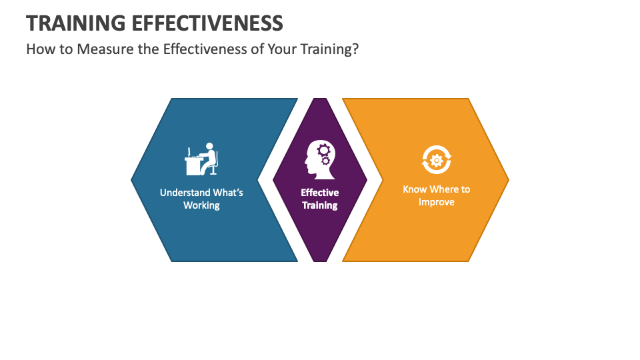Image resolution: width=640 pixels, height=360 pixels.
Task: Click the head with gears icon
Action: click(319, 160)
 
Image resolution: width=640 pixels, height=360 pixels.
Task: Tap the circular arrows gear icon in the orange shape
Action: click(437, 160)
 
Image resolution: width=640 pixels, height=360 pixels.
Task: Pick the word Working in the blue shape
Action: click(201, 205)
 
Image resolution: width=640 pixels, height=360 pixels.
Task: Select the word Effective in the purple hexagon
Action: click(320, 193)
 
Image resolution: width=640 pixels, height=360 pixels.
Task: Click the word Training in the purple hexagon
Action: click(320, 205)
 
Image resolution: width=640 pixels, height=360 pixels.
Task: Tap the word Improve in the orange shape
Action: click(437, 202)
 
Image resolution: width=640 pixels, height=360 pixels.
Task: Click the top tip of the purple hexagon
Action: click(320, 100)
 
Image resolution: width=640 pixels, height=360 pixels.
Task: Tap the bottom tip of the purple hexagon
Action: click(320, 260)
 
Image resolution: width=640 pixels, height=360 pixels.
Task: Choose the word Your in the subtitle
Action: click(279, 51)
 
